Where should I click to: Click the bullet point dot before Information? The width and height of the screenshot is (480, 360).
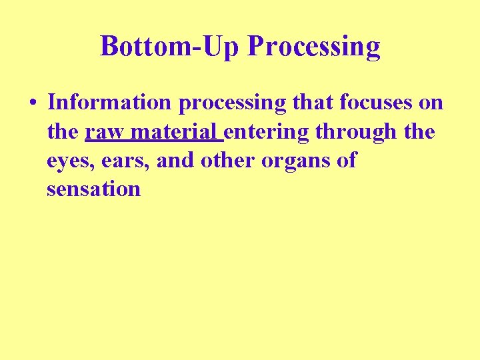pos(32,103)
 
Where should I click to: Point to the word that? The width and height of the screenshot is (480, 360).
pos(316,103)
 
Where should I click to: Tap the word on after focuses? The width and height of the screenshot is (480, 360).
pos(431,103)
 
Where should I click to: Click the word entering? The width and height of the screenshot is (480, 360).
pos(267,133)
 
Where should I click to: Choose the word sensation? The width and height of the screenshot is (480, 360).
pos(93,189)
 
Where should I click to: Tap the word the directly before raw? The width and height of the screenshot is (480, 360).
pos(63,131)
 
